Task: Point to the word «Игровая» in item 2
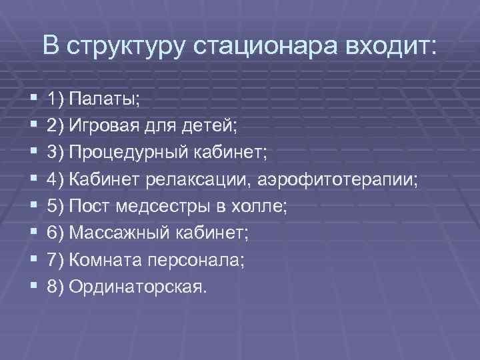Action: coord(100,126)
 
